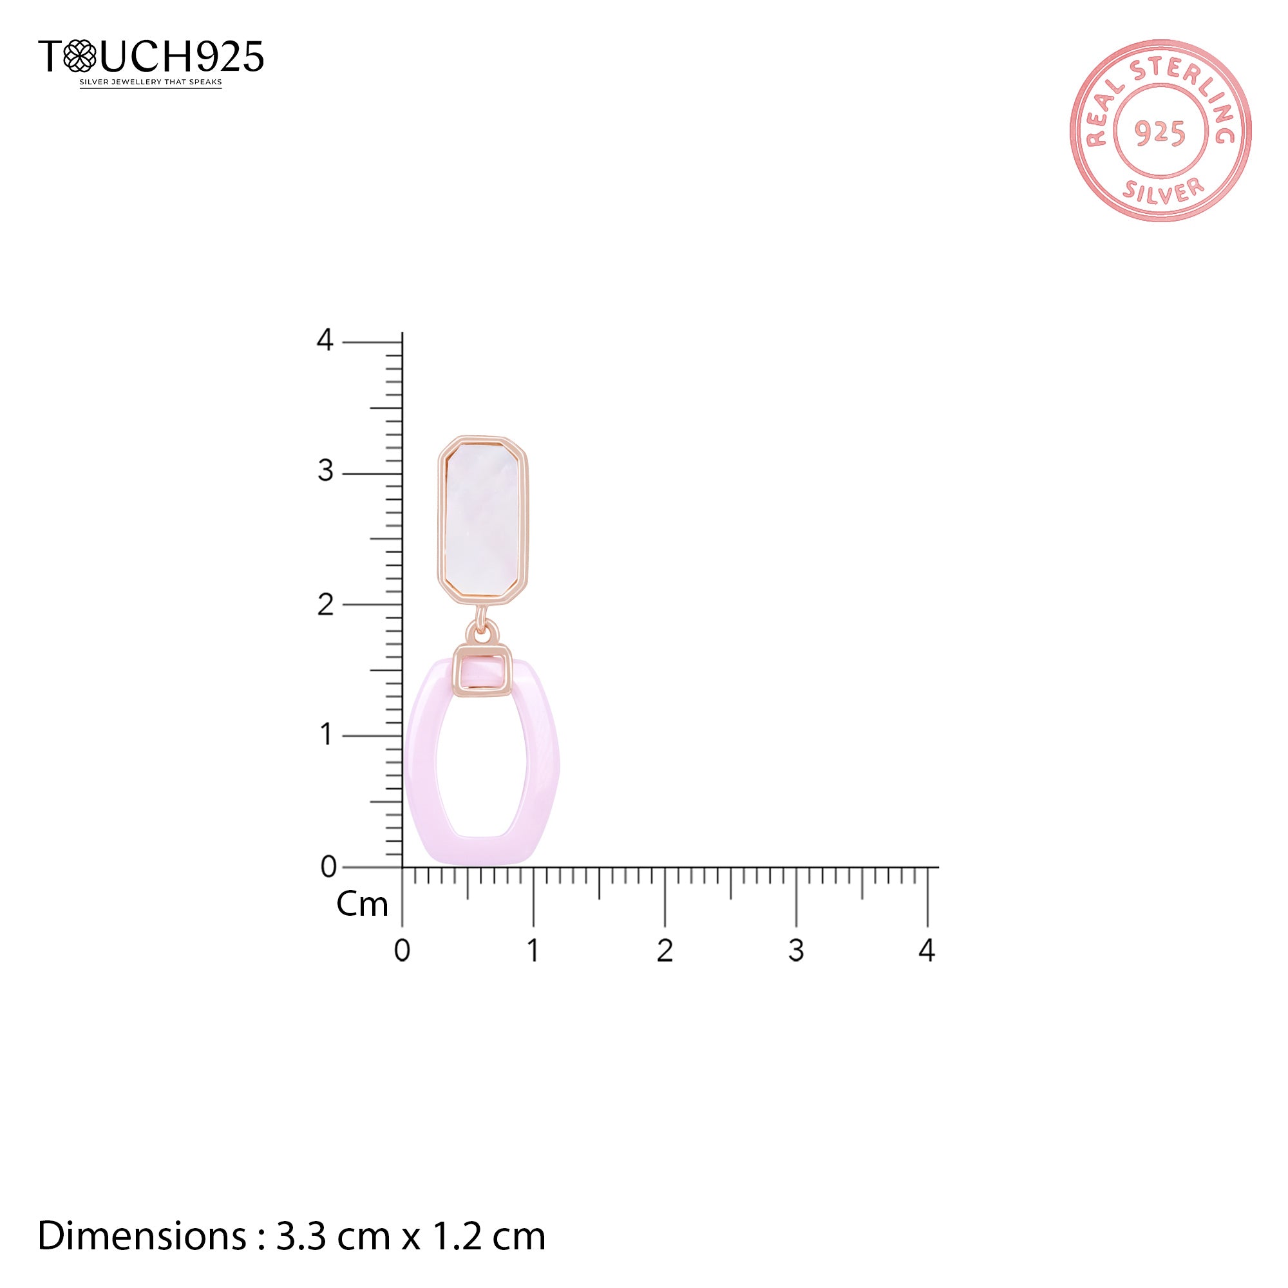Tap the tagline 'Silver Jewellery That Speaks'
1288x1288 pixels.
[151, 82]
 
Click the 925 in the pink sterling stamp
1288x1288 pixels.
[1160, 133]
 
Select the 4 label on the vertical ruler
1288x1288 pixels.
[325, 341]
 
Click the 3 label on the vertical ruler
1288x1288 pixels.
[325, 471]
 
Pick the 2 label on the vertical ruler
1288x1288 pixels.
[325, 605]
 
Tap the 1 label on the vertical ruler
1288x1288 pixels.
[326, 735]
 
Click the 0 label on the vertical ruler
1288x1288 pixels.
[328, 867]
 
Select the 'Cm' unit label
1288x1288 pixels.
[362, 905]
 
